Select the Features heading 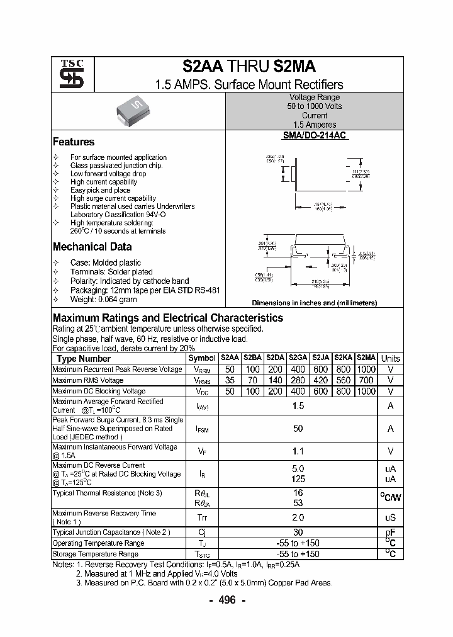coord(74,142)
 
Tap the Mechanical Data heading coord(92,247)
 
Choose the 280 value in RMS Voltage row coord(298,380)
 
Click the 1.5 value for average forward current coord(298,407)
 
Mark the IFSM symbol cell coord(202,429)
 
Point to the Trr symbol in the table coord(202,517)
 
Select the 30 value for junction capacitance coord(298,533)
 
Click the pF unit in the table coord(391,533)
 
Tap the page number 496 coord(226,600)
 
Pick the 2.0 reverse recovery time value coord(298,517)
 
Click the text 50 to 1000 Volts coord(315,107)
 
